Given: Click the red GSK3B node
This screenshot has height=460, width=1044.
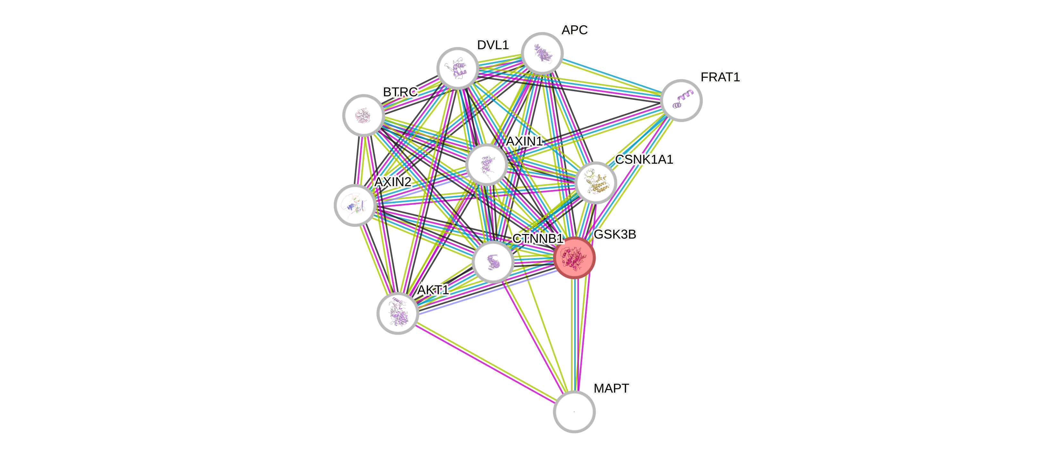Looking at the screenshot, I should (x=574, y=258).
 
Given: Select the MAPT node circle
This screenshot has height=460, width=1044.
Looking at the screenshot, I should (x=574, y=412).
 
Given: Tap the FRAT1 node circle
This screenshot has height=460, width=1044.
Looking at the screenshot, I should (x=681, y=100).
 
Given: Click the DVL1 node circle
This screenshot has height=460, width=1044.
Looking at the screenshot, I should (x=457, y=68).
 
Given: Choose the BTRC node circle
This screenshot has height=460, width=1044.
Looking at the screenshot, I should (x=363, y=116).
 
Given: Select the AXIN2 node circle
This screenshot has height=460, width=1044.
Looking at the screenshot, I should (x=355, y=205).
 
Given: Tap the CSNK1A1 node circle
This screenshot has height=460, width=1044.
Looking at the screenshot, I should (x=595, y=183).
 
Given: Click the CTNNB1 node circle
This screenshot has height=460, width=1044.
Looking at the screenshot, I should (x=493, y=262).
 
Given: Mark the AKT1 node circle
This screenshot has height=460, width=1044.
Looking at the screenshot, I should (x=398, y=313).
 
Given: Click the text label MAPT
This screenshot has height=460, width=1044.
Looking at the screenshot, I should (x=611, y=388).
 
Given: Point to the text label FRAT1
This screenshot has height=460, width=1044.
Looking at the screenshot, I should (x=720, y=77).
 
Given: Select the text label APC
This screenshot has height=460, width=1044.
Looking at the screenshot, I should (x=575, y=30).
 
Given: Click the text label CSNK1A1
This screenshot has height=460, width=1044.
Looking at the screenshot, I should (x=644, y=159).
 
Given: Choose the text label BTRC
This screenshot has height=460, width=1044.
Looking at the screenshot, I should (x=400, y=92).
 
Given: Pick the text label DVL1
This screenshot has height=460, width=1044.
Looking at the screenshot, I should (x=492, y=45).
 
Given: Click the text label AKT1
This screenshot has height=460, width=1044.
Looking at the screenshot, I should (x=433, y=290).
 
